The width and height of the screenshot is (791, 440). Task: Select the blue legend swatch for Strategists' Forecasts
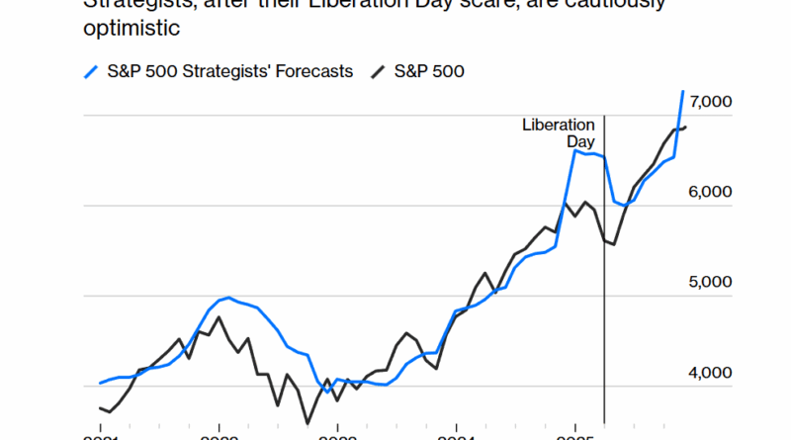pyautogui.click(x=91, y=71)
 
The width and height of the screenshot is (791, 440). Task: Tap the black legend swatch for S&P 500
pyautogui.click(x=378, y=71)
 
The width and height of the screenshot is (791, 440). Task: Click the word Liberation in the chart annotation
pyautogui.click(x=559, y=126)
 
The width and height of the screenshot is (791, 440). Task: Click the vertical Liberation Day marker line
pyautogui.click(x=604, y=297)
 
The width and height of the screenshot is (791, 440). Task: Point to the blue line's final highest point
pyautogui.click(x=682, y=91)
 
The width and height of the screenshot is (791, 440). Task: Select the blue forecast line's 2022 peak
pyautogui.click(x=229, y=297)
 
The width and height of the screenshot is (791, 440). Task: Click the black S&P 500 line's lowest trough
pyautogui.click(x=308, y=423)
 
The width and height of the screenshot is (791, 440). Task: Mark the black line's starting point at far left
pyautogui.click(x=100, y=407)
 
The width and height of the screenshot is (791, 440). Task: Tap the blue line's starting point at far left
pyautogui.click(x=100, y=383)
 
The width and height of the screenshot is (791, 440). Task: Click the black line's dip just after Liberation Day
pyautogui.click(x=613, y=244)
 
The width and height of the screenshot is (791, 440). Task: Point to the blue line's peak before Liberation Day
pyautogui.click(x=575, y=151)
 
